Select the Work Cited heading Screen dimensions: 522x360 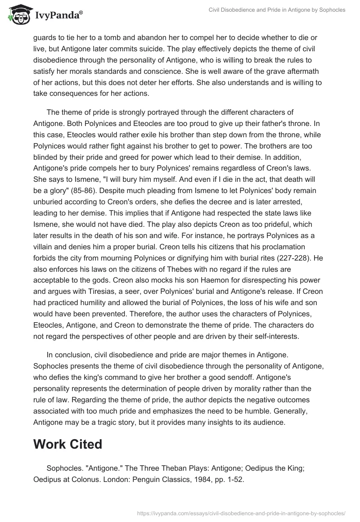pyautogui.click(x=68, y=444)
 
